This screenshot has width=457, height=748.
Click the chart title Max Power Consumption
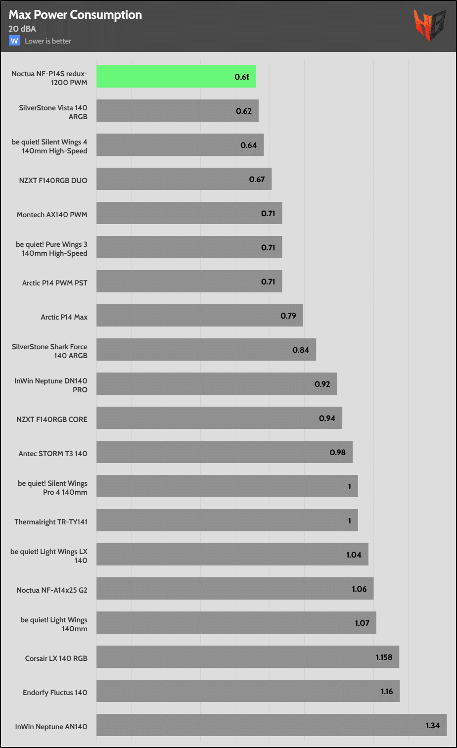click(75, 15)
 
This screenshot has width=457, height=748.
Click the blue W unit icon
click(14, 41)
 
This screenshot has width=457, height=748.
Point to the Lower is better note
click(48, 41)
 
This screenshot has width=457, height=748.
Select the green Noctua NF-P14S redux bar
click(176, 77)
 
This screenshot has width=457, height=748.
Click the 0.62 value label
click(244, 111)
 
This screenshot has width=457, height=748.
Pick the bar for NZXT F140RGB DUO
click(183, 179)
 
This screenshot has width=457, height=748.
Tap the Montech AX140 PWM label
click(52, 215)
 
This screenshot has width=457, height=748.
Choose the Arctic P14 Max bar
click(199, 316)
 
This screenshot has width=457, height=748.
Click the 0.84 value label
click(301, 350)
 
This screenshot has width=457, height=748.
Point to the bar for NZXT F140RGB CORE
click(219, 418)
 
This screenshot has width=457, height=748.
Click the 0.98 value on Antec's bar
click(338, 452)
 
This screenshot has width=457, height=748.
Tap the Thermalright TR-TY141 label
click(51, 521)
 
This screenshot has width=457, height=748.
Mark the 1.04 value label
click(354, 555)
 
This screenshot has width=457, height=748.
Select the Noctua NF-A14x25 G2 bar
click(234, 589)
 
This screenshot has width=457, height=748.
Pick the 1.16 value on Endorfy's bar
click(387, 691)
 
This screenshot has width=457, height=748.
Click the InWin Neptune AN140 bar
click(271, 725)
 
